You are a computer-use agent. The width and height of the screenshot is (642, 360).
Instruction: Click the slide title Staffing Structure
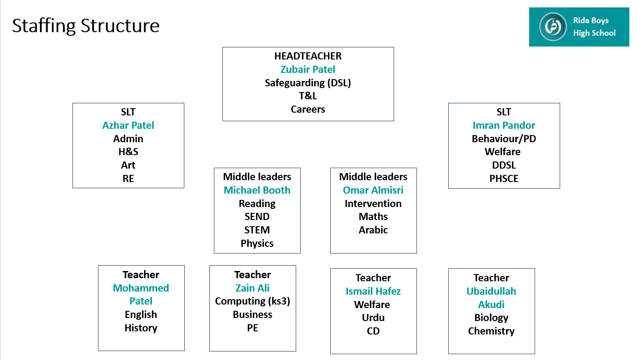click(x=86, y=26)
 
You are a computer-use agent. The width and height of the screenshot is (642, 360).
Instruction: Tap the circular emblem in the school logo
click(x=553, y=27)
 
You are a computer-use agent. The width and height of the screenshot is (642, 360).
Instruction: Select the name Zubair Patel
click(x=308, y=69)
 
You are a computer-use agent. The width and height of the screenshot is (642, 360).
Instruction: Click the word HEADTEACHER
click(x=308, y=56)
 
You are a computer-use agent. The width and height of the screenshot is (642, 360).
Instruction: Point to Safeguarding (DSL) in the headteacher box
click(x=308, y=83)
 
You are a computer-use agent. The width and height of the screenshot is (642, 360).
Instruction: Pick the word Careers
click(x=308, y=109)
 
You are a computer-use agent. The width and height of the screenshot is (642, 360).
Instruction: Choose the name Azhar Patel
click(x=128, y=125)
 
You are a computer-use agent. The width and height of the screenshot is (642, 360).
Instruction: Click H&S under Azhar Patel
click(x=128, y=152)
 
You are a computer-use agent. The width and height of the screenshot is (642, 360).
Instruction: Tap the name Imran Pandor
click(x=504, y=125)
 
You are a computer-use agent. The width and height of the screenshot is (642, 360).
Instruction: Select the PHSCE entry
click(x=504, y=178)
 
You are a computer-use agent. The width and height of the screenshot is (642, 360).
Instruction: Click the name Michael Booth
click(x=257, y=190)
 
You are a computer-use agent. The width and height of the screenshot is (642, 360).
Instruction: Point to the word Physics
click(x=257, y=243)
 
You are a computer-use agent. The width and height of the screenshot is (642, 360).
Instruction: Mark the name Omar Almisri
click(x=373, y=190)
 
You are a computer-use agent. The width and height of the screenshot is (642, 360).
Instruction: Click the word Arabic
click(x=373, y=230)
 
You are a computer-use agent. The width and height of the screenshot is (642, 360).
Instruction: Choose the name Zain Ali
click(x=252, y=288)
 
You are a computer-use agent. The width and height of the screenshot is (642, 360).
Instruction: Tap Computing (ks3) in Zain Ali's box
click(x=252, y=301)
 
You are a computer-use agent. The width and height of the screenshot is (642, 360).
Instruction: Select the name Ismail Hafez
click(x=373, y=291)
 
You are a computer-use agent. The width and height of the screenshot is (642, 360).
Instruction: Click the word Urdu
click(x=373, y=318)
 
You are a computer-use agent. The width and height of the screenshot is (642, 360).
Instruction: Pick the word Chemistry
click(x=491, y=331)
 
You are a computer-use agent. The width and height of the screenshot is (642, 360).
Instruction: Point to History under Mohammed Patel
click(x=141, y=328)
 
